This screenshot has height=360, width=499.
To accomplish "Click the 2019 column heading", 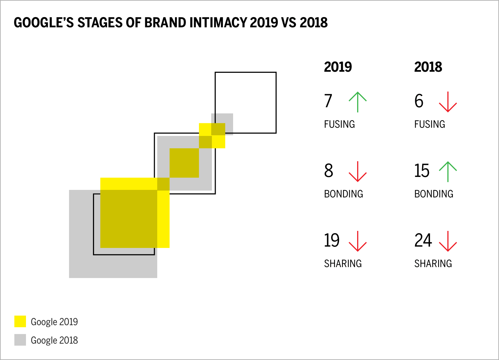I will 338,67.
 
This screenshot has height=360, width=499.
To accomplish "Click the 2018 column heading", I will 428,67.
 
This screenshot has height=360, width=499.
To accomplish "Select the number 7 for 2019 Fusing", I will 328,101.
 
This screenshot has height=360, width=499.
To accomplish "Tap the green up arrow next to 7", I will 358,102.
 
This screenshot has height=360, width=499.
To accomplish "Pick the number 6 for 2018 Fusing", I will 419,101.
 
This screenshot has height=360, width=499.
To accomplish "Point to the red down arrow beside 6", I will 448,102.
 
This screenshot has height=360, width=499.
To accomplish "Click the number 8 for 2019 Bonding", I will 328,171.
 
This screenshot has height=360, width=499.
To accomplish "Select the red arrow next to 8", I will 358,171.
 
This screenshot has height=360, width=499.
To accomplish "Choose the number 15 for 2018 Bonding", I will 422,171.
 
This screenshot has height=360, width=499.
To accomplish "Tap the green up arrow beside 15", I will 448,171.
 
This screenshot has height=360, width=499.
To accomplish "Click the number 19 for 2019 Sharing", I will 332,240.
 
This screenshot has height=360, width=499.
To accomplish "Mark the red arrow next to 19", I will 358,241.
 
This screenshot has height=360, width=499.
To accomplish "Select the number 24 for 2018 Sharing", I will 423,240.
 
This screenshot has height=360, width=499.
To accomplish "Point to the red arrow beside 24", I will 448,241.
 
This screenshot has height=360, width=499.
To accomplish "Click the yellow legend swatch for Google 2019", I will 20,321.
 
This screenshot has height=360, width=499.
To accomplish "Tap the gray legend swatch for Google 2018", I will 20,340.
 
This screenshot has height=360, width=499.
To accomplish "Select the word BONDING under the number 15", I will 434,194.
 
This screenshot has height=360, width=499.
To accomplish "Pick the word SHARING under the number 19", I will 343,264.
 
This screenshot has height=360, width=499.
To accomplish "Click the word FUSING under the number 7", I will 339,124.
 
